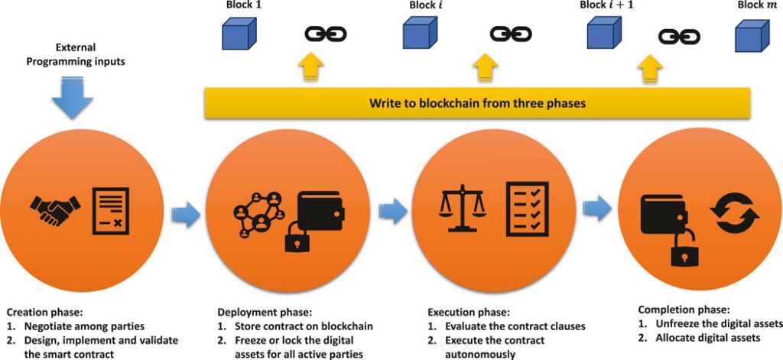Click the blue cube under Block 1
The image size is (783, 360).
tap(239, 34)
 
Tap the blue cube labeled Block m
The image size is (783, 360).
tap(751, 35)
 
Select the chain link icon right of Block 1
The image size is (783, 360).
tap(326, 34)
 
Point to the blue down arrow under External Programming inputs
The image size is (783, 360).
tap(73, 97)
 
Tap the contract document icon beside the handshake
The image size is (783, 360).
tap(111, 210)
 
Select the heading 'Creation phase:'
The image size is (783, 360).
tap(44, 313)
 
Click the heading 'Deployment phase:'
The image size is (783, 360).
tap(264, 313)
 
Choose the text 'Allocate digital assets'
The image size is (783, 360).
tap(707, 338)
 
